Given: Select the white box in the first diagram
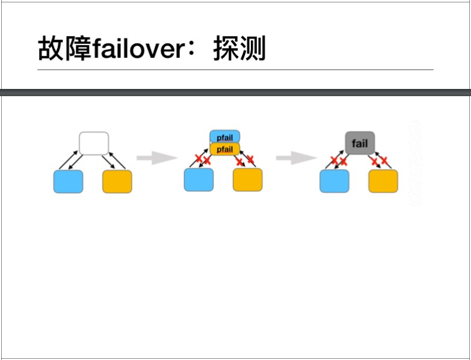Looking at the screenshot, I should (x=94, y=144).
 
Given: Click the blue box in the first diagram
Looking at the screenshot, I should (x=68, y=182).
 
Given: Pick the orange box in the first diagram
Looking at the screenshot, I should (x=117, y=182).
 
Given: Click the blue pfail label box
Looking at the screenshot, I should (x=224, y=137).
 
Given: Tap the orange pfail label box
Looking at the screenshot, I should (x=224, y=148).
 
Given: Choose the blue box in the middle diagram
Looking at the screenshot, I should (x=199, y=180).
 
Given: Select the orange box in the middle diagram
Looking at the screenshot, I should (x=248, y=180).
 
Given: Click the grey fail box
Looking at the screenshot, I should (x=360, y=144).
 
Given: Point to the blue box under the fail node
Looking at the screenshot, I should (x=334, y=181).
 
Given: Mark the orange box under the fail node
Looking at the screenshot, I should (x=383, y=181).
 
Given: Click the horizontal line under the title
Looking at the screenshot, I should (x=235, y=70).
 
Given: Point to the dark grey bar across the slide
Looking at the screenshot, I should (x=235, y=93).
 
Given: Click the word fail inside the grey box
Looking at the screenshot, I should (x=360, y=144).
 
